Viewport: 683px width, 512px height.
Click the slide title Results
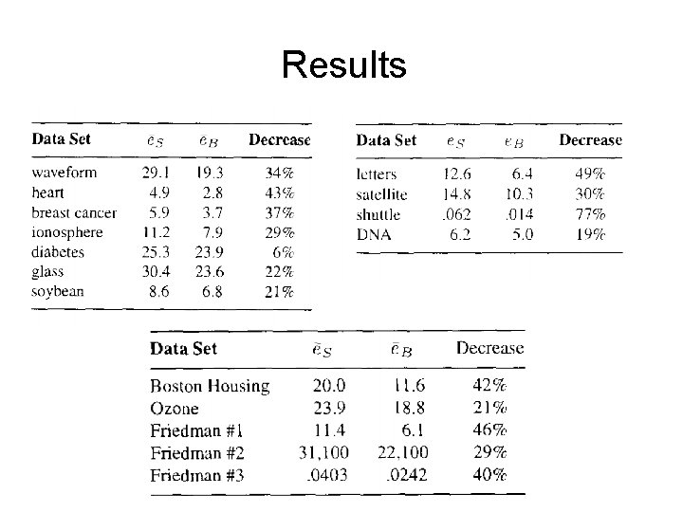click(x=343, y=65)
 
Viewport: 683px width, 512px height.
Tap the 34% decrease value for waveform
click(x=279, y=174)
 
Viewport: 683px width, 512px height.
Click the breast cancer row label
click(x=74, y=212)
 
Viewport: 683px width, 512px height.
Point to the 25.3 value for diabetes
click(x=155, y=251)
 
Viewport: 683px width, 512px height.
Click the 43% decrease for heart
click(x=279, y=193)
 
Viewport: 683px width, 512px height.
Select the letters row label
click(x=377, y=174)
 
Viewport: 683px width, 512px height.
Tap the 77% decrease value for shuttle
click(x=589, y=213)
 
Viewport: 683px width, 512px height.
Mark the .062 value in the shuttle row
click(x=455, y=213)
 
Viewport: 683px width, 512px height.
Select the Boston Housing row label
click(x=210, y=386)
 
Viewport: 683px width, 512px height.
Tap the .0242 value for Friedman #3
click(x=407, y=474)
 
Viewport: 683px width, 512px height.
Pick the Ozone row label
click(x=175, y=409)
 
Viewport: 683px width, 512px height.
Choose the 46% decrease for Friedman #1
click(x=489, y=430)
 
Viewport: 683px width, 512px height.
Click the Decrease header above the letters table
click(x=590, y=140)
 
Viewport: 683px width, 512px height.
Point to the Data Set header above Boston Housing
click(x=183, y=348)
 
